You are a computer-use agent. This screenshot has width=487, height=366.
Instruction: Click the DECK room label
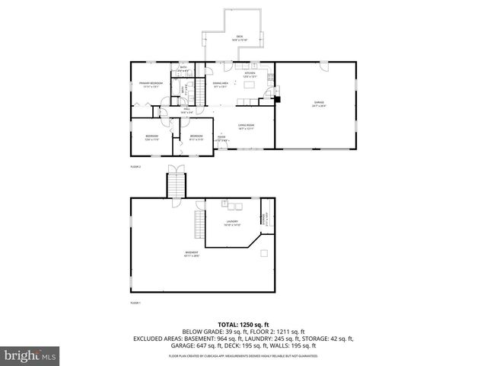(x=238, y=37)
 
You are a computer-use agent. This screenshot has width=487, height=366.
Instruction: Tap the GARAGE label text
(x=318, y=102)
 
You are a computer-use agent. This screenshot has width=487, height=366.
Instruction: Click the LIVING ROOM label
(x=245, y=126)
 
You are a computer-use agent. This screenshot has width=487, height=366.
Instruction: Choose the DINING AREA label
(x=221, y=84)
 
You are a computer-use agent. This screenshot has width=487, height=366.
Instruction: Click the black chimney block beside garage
(x=277, y=98)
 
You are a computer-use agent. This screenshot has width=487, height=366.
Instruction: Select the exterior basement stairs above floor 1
(x=176, y=185)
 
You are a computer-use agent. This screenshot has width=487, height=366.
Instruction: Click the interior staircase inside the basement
(x=200, y=226)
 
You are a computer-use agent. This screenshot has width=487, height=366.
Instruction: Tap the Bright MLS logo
(x=30, y=355)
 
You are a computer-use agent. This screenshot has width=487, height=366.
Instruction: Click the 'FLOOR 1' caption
(x=135, y=303)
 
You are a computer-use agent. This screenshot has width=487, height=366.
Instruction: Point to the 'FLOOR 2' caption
(x=135, y=165)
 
